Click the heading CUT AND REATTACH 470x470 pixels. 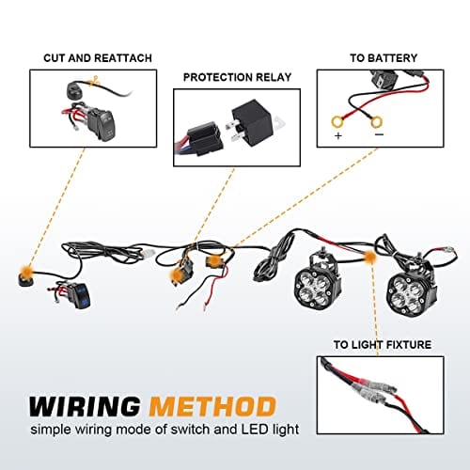pos(98,58)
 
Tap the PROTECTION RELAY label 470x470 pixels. pos(237,77)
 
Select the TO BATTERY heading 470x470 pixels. pos(384,58)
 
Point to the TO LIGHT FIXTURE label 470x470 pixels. pos(383,345)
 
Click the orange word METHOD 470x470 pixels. pos(212,406)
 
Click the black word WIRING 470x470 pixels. pos(85,406)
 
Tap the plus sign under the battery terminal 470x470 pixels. pos(338,136)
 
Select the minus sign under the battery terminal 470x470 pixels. pos(379,134)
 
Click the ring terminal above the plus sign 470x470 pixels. pos(337,121)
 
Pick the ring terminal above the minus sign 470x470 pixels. pos(376,122)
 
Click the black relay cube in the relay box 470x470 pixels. pos(252,120)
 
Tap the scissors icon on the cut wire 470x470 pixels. pos(93,82)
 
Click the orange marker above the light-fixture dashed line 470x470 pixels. pos(370,258)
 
